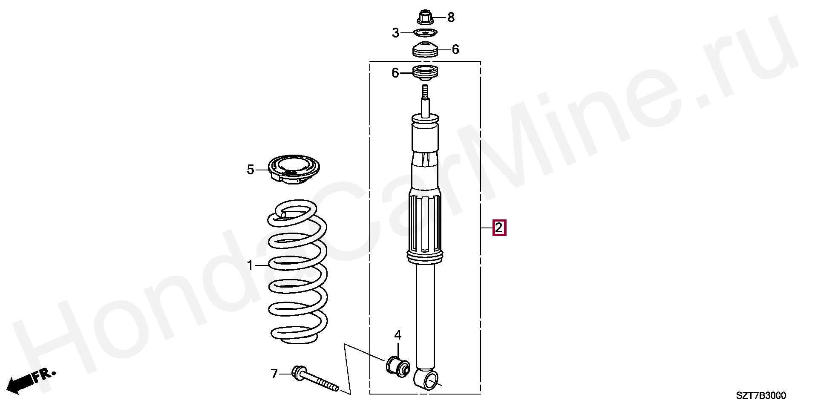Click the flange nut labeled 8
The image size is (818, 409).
(x=424, y=17)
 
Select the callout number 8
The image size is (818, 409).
(x=451, y=18)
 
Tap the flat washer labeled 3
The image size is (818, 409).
(x=425, y=33)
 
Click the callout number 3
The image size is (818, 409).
(x=396, y=33)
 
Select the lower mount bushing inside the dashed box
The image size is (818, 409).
(x=425, y=73)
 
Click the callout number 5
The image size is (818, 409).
(x=251, y=170)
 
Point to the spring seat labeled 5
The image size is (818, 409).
(x=294, y=170)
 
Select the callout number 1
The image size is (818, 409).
(x=251, y=265)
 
